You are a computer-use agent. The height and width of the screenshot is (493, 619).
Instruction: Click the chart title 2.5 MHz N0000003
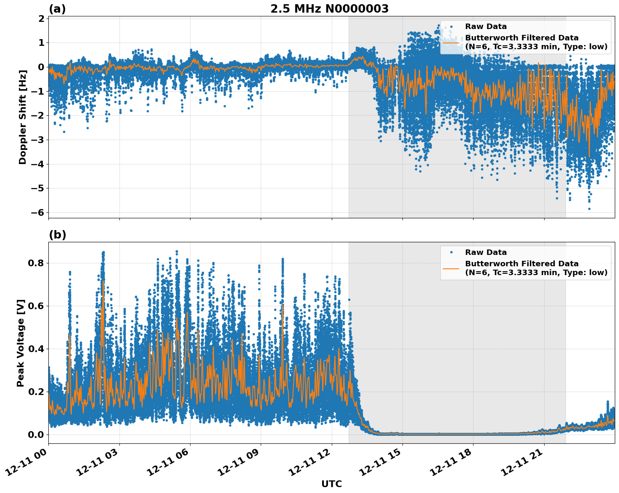329,9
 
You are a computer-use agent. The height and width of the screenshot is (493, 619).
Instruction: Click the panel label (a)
57,9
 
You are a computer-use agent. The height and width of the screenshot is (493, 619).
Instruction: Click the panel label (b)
57,235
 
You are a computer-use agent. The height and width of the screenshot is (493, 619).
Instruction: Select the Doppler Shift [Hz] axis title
23,117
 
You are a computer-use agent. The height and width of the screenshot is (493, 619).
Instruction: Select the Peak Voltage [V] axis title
21,343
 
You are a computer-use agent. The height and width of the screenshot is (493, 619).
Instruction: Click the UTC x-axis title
331,484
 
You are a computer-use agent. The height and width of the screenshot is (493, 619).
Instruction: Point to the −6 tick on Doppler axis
38,212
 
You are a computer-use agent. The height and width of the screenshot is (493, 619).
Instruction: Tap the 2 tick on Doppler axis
41,19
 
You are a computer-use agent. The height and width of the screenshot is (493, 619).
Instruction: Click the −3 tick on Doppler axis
38,140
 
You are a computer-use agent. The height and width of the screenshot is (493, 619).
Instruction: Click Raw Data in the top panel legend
486,27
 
